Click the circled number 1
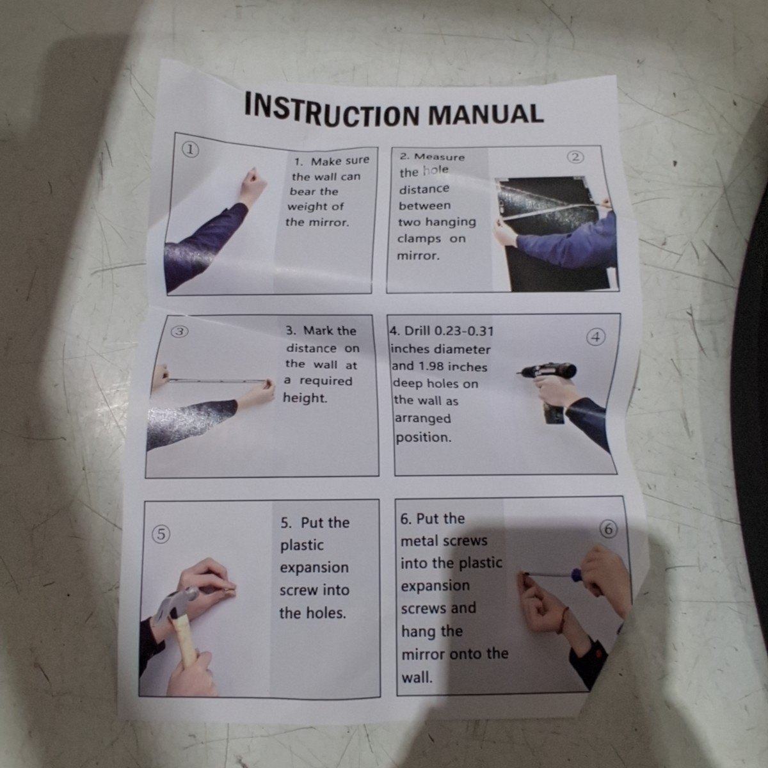[x=191, y=150]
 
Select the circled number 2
[x=575, y=158]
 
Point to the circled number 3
[x=179, y=331]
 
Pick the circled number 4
[x=595, y=337]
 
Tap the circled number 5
[x=161, y=534]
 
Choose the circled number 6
[x=609, y=529]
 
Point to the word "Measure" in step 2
[x=439, y=157]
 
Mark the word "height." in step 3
[x=305, y=397]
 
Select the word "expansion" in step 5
[x=314, y=568]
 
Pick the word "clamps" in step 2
[x=419, y=239]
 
